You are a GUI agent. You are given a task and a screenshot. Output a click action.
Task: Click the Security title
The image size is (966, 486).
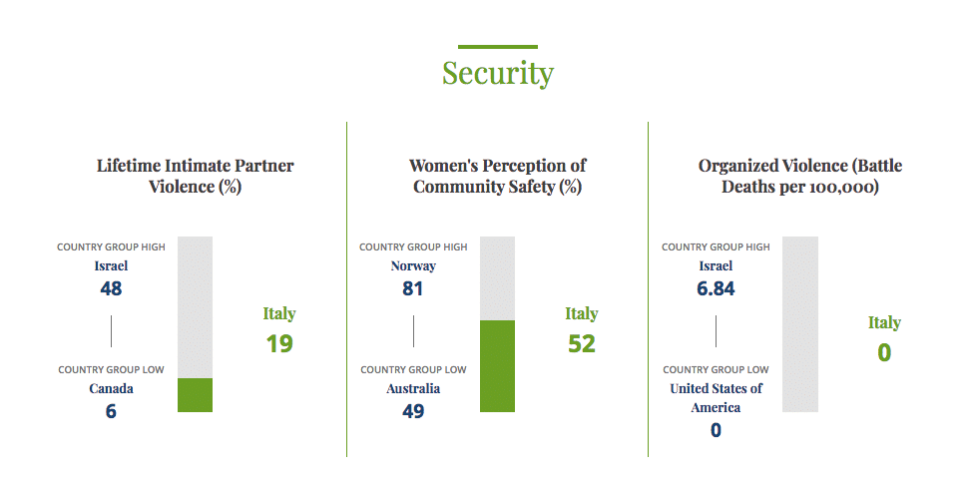[497, 73]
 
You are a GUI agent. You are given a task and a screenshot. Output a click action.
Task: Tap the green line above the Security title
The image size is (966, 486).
[497, 47]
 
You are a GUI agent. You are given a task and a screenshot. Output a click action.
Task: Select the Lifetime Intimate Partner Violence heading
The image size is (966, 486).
[195, 176]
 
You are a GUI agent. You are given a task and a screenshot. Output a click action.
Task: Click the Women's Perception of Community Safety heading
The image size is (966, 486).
[497, 176]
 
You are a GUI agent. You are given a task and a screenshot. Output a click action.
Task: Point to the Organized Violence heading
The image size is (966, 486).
[799, 176]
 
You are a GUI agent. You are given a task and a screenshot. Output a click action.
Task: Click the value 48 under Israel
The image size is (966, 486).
[111, 289]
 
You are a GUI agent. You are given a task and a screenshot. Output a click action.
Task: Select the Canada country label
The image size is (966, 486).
[111, 388]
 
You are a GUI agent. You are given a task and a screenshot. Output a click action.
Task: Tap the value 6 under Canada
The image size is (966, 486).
[111, 410]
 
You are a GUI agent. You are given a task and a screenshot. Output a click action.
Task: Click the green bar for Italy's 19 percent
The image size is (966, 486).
[195, 395]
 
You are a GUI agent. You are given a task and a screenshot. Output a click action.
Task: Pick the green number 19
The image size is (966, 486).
[278, 343]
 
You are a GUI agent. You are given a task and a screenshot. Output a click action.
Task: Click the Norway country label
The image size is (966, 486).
[413, 266]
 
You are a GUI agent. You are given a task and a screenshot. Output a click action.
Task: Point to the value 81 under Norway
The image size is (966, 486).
[413, 289]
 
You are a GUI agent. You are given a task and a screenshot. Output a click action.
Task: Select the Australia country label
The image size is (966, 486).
[413, 388]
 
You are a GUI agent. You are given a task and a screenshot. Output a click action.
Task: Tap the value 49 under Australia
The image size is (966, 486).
[413, 410]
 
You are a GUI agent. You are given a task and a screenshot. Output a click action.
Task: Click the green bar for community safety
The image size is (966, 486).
[497, 366]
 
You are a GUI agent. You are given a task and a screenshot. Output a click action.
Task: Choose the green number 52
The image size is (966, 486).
[581, 343]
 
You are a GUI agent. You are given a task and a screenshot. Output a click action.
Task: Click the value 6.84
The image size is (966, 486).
[716, 289]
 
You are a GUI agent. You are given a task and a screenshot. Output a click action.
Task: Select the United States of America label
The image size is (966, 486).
[716, 397]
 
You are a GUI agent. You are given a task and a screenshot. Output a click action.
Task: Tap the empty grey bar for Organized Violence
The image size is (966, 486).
[799, 324]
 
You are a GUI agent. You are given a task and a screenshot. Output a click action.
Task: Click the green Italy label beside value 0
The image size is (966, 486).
[883, 322]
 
